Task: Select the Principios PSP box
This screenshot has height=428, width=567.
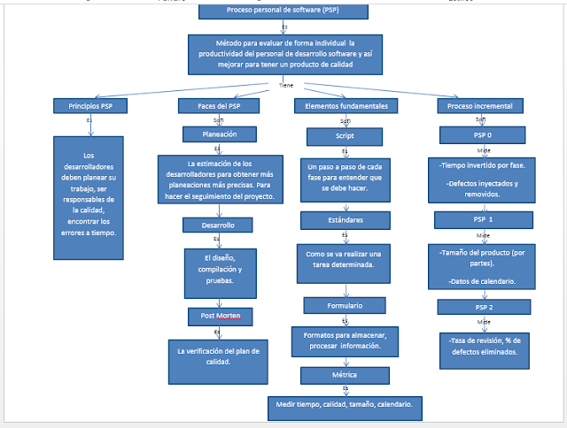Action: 89,106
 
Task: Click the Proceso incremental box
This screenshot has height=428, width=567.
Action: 479,106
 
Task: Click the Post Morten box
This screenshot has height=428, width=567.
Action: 221,315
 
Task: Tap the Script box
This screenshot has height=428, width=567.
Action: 344,136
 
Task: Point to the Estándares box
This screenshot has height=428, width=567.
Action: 344,218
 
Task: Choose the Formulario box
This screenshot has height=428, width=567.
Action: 344,305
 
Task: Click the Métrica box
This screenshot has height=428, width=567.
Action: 344,376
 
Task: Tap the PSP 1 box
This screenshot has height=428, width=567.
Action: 479,218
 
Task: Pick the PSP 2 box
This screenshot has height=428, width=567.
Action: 479,306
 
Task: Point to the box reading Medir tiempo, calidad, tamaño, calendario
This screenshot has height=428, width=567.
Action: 346,407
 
